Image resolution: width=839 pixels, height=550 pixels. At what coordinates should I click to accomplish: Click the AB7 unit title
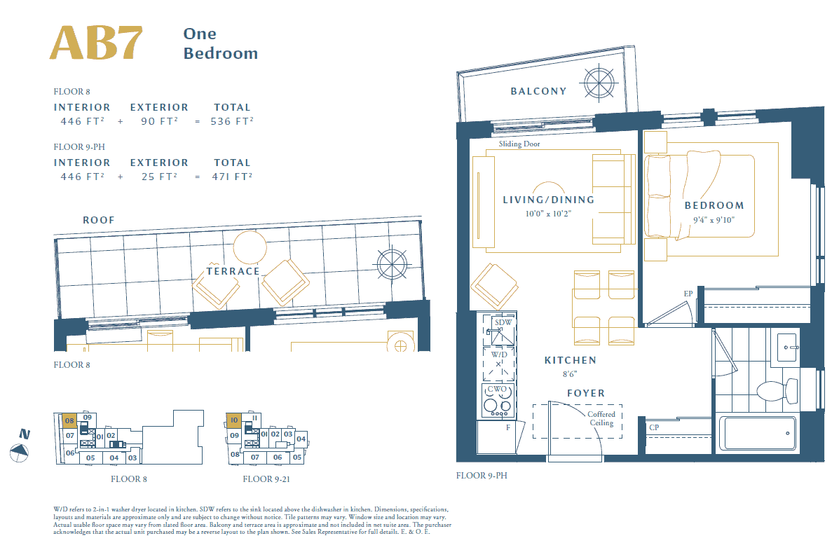[x=96, y=43]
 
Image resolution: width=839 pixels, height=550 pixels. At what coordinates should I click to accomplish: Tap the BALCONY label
[x=538, y=92]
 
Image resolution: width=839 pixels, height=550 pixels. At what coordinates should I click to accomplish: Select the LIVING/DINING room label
[x=548, y=200]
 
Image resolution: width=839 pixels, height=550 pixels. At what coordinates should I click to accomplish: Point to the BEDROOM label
[x=714, y=205]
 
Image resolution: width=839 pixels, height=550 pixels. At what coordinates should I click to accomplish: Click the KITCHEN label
[x=571, y=361]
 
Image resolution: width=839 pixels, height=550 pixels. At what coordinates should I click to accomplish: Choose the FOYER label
[x=586, y=393]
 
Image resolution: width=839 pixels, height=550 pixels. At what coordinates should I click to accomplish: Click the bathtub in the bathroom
[x=757, y=433]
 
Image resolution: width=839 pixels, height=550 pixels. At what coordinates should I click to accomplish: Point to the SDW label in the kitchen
[x=503, y=322]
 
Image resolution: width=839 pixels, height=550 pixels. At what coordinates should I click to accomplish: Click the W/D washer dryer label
[x=499, y=355]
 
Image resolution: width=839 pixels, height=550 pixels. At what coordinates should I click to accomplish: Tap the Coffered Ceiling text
[x=601, y=418]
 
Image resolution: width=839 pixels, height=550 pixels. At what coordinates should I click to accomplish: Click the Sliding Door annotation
[x=519, y=144]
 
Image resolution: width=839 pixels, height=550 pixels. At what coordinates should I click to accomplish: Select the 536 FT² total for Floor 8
[x=232, y=121]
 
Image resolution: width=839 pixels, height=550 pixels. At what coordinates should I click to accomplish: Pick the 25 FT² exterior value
[x=159, y=177]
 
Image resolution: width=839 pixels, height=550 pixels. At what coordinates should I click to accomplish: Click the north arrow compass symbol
[x=19, y=453]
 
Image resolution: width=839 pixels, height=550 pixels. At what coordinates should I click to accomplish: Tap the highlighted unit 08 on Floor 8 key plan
[x=69, y=420]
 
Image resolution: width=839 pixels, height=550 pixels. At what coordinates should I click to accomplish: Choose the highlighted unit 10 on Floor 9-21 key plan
[x=234, y=420]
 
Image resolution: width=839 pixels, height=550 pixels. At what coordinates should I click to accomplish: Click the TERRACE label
[x=233, y=271]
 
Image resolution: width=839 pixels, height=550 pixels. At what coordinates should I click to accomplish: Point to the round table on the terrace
[x=250, y=247]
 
